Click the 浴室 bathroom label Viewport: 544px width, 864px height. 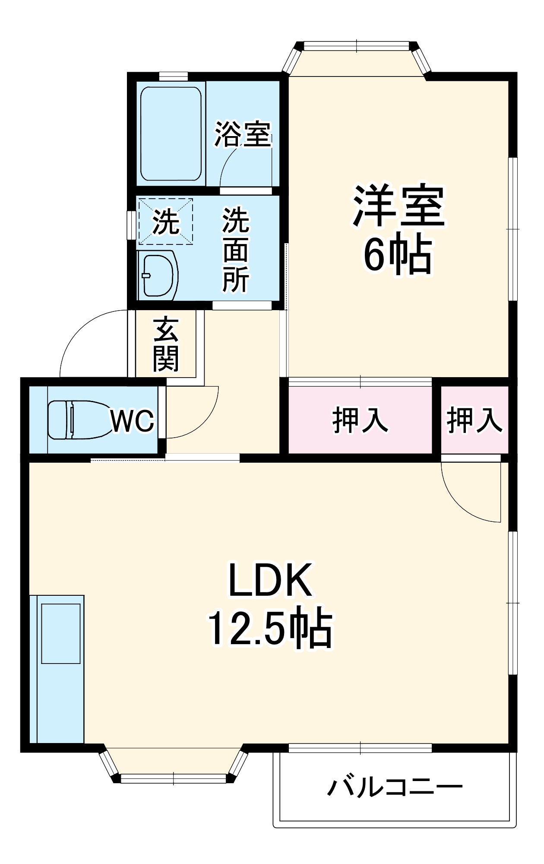point(243,134)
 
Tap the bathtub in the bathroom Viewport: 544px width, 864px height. point(171,134)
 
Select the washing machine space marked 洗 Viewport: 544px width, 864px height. point(165,222)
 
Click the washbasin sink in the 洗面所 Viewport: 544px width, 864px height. point(158,275)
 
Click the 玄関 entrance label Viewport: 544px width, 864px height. point(166,344)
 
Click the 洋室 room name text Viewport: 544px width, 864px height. point(398,206)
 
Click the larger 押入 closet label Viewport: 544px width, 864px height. point(360,419)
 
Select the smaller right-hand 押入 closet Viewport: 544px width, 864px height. point(474,419)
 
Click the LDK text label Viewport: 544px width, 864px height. point(270,580)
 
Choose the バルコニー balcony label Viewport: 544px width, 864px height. point(394,787)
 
